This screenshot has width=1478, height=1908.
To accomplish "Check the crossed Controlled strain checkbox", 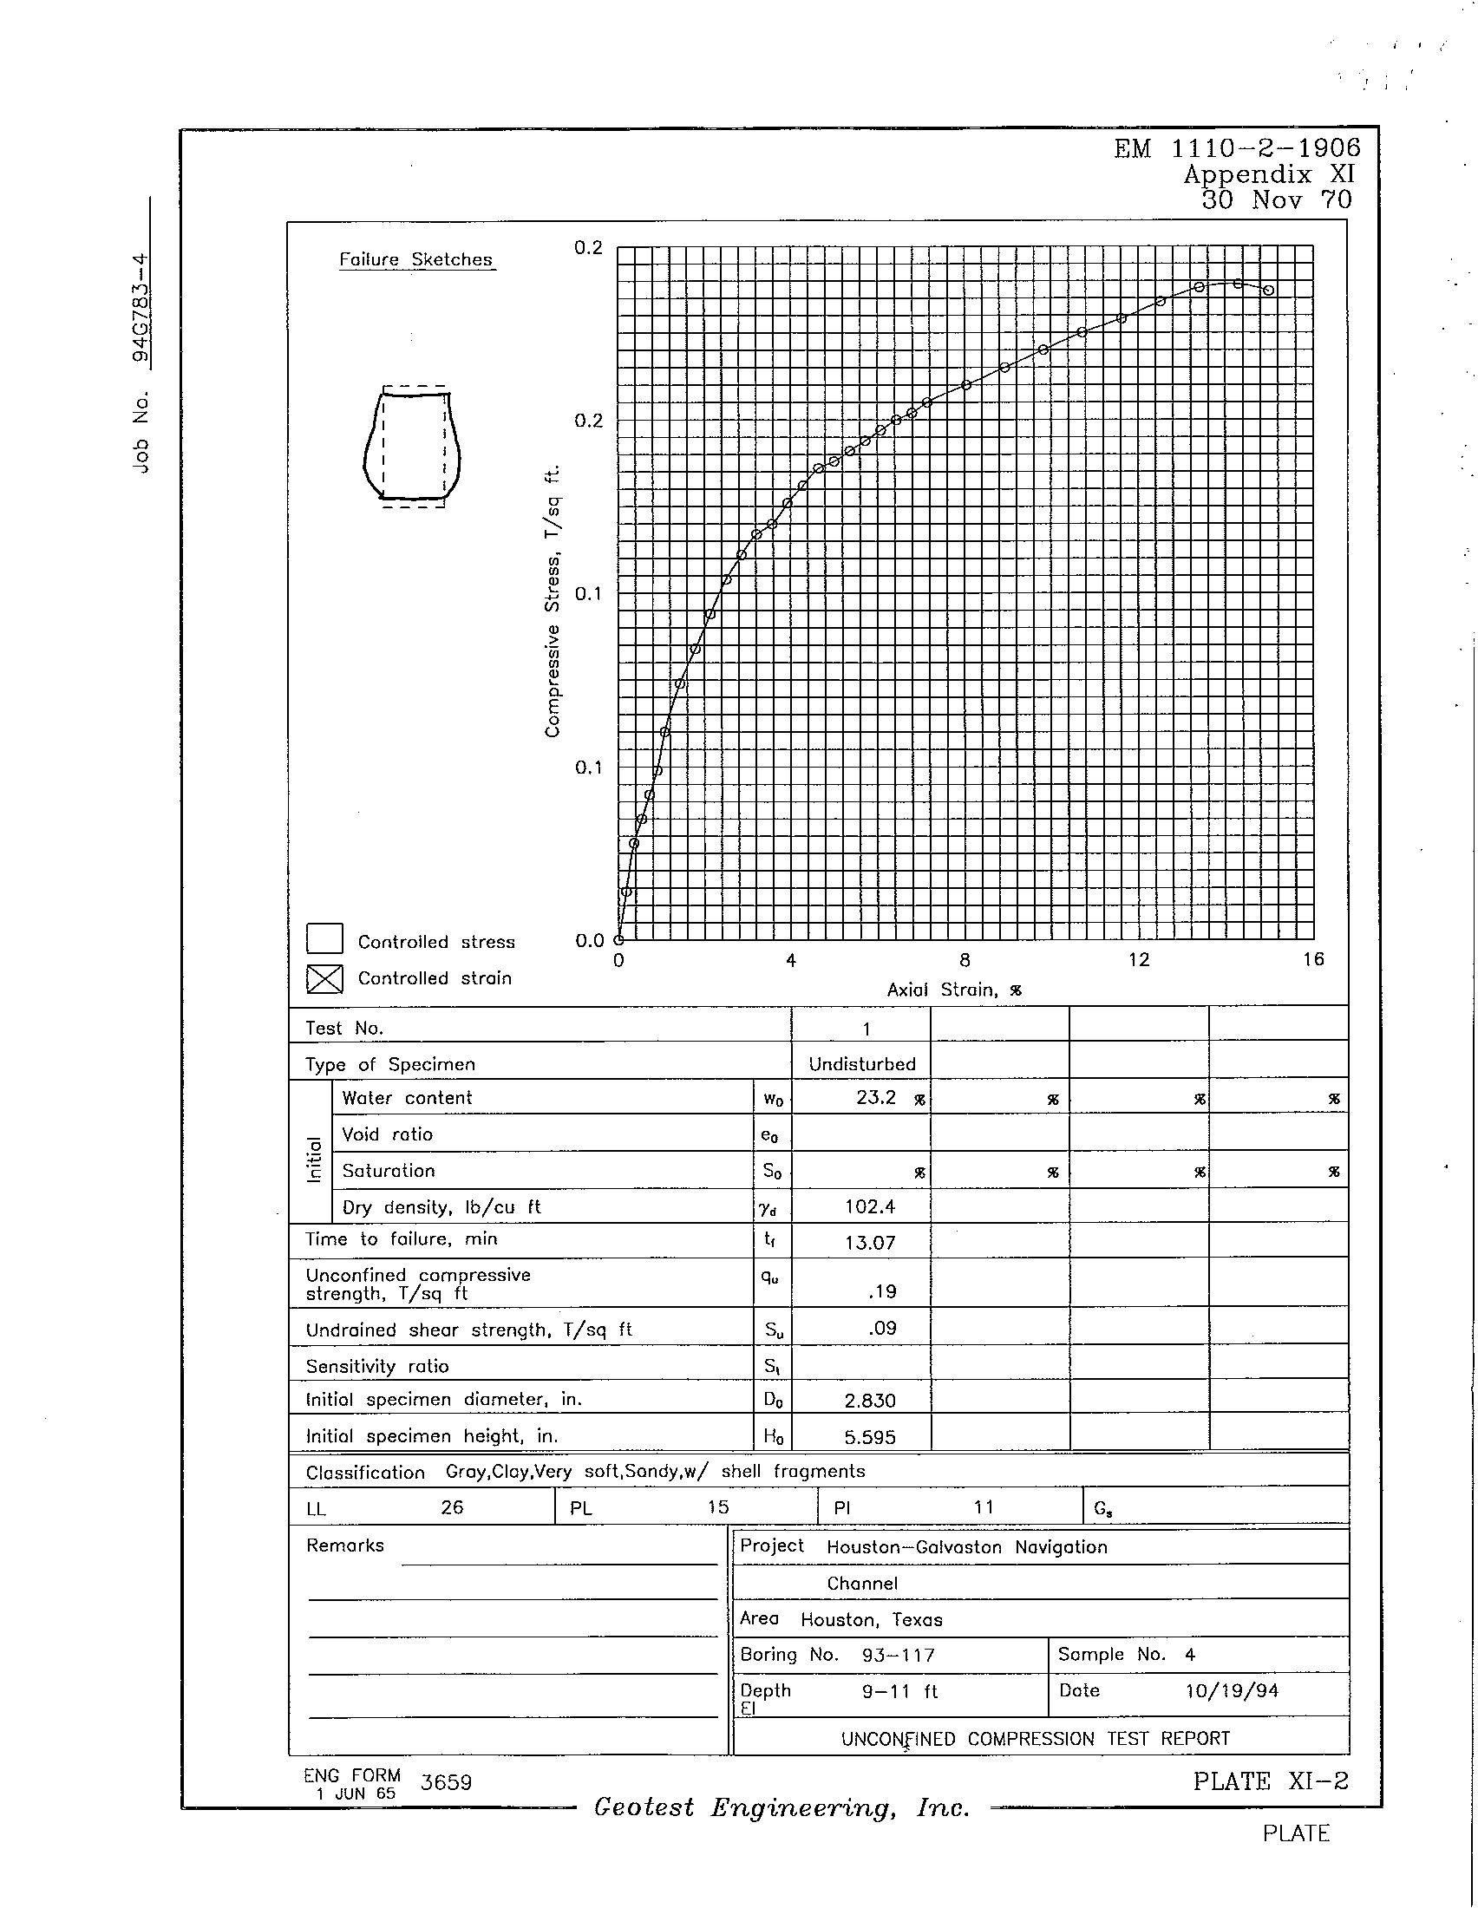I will pos(324,979).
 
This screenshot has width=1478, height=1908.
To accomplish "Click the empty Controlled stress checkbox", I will pos(324,939).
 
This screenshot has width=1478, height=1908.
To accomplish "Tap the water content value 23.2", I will pos(876,1098).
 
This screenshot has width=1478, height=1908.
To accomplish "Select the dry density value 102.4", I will pos(869,1206).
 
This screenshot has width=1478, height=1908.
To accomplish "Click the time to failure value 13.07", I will pos(869,1242).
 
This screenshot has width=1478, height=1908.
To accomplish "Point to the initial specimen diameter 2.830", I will pos(869,1401).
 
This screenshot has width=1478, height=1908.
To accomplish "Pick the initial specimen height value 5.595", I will pos(869,1437).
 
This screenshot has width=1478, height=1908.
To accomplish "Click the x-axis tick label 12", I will pos(1138,960).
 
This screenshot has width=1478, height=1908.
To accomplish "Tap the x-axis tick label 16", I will pos(1313,960).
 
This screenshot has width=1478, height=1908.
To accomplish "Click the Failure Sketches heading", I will pos(415,259).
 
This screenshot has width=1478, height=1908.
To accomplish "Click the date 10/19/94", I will pos(1232,1691).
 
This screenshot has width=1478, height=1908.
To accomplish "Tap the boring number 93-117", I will pos(897,1656).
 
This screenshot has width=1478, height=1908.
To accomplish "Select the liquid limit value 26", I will pos(452,1507).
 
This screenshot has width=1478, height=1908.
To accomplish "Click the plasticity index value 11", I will pos(984,1507).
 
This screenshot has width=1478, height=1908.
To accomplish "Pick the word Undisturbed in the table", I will pos(861,1064).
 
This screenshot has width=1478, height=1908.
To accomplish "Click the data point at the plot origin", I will pos(618,940).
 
